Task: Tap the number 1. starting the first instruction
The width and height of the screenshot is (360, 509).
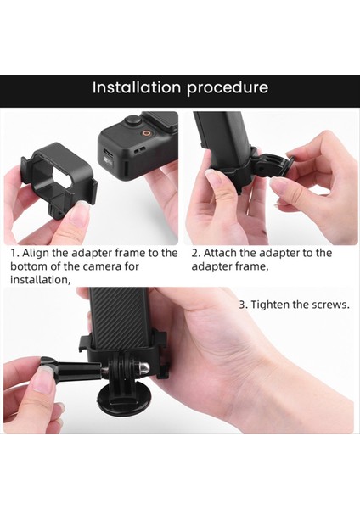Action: pos(14,253)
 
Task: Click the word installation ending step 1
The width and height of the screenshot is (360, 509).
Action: pos(40,280)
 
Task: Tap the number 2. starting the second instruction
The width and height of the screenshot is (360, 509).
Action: pos(196,253)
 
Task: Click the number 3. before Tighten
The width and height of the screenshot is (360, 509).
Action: pos(243,304)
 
